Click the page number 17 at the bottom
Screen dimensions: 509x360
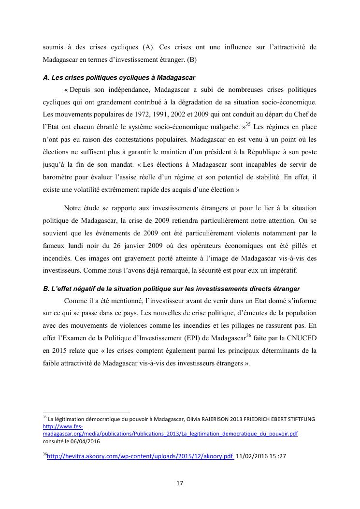pyautogui.click(x=180, y=482)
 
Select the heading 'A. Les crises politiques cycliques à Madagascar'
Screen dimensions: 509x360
pyautogui.click(x=119, y=77)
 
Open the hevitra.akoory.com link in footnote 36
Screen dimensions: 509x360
pyautogui.click(x=140, y=455)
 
